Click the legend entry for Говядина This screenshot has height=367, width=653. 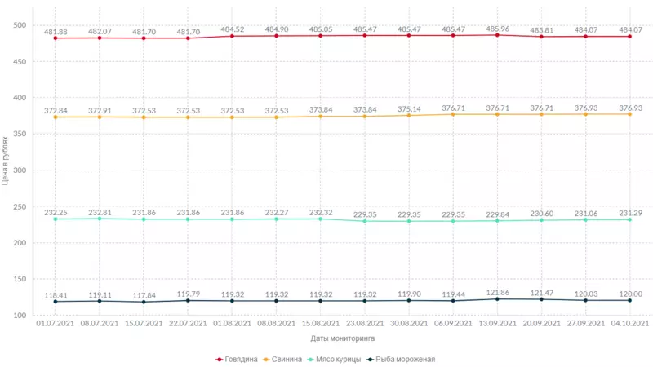click(x=242, y=359)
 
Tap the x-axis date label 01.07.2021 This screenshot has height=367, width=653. click(x=56, y=324)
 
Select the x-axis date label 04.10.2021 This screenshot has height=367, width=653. click(x=629, y=324)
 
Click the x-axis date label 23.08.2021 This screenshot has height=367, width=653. click(x=365, y=324)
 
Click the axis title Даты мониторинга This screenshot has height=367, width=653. click(x=343, y=338)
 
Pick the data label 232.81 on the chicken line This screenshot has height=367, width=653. click(x=100, y=212)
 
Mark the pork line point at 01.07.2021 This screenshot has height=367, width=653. click(x=56, y=117)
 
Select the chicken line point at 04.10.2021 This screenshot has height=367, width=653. click(x=629, y=219)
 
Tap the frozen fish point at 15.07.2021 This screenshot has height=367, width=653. click(x=144, y=302)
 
